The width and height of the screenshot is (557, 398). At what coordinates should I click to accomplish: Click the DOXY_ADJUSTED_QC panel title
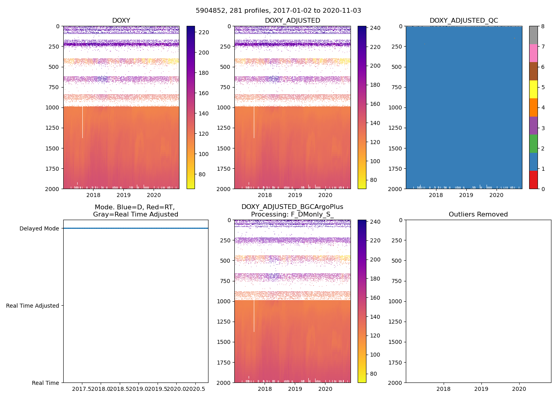tap(464, 21)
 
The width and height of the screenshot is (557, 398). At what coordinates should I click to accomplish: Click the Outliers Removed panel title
tap(478, 215)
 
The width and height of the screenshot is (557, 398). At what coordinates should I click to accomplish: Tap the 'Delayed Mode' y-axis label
tap(39, 228)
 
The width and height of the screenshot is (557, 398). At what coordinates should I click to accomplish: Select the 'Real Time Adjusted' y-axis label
tap(32, 306)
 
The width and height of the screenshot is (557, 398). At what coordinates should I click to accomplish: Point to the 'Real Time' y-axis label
tap(45, 383)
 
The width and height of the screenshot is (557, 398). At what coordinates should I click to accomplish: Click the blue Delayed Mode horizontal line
tap(135, 228)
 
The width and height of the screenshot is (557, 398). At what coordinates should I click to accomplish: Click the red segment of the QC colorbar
tap(533, 179)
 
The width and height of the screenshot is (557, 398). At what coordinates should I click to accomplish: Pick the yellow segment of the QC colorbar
tap(533, 89)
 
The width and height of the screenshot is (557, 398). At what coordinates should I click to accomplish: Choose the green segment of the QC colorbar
tap(533, 144)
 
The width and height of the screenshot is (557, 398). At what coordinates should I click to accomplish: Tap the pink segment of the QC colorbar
tap(533, 53)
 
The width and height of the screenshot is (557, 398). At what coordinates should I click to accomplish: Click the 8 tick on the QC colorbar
tap(543, 26)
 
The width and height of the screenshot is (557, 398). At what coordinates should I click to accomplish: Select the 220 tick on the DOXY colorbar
tap(204, 32)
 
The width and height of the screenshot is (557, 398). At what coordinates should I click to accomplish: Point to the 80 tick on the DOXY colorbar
tap(202, 174)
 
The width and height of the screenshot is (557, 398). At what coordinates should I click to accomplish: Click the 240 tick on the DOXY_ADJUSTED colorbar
tap(375, 28)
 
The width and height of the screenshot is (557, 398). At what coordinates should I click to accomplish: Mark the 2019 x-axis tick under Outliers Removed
tap(481, 389)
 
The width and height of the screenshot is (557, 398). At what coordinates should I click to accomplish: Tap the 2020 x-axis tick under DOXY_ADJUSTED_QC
tap(496, 195)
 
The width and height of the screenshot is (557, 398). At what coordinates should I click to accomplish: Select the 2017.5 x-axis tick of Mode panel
tap(82, 389)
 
